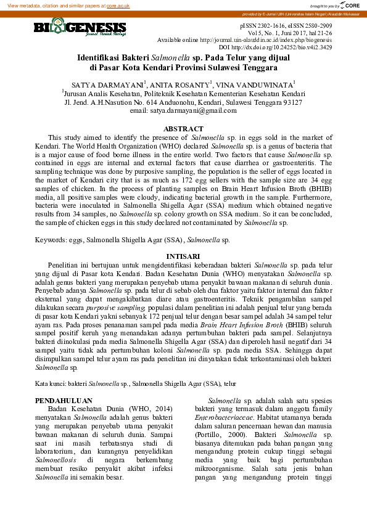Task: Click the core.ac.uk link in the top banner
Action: pyautogui.click(x=118, y=5)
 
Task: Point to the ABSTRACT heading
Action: pyautogui.click(x=183, y=129)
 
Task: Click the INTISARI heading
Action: pyautogui.click(x=183, y=256)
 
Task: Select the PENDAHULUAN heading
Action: pyautogui.click(x=64, y=400)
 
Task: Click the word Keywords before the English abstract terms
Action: pyautogui.click(x=51, y=239)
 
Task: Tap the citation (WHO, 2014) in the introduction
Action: pyautogui.click(x=149, y=408)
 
